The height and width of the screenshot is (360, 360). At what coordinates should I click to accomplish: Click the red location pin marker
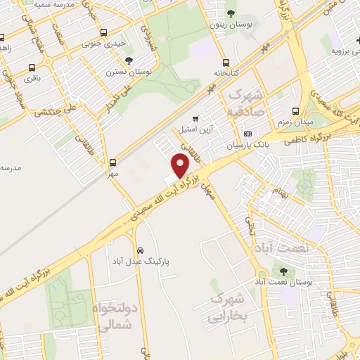tap(181, 165)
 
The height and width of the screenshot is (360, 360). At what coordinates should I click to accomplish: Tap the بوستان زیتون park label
tap(231, 25)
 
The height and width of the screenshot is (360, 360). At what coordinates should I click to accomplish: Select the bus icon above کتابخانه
tap(226, 61)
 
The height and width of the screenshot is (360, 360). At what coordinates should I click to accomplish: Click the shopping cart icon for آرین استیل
tap(195, 118)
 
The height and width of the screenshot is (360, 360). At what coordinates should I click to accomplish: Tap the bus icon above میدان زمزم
tap(295, 111)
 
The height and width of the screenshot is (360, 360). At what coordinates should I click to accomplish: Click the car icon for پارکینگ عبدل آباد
tap(141, 250)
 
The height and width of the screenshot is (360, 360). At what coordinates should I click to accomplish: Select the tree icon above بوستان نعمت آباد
tap(283, 271)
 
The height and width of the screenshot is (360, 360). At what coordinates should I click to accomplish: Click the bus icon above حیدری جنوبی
tap(104, 32)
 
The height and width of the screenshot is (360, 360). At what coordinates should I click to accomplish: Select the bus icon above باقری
tap(32, 68)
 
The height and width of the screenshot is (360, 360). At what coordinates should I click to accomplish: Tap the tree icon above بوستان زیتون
tap(231, 13)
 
